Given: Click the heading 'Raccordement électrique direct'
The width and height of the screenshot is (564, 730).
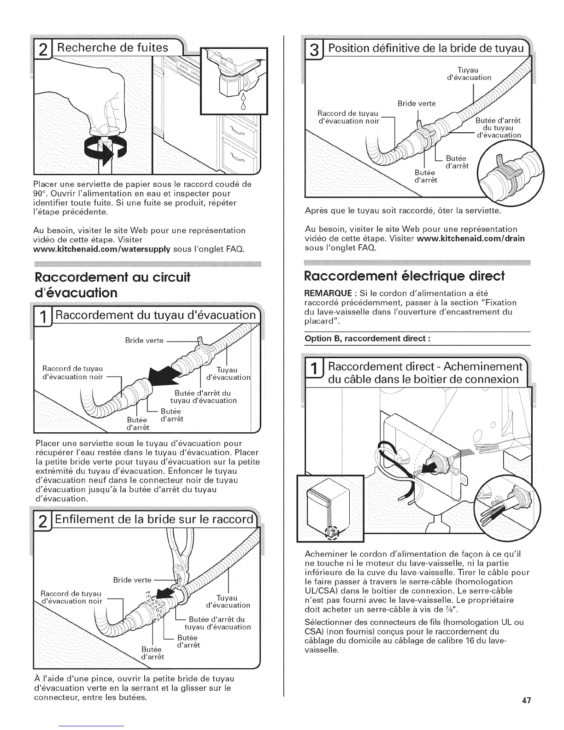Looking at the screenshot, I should [x=404, y=276].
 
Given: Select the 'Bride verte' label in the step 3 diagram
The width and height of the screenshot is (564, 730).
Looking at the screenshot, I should [x=416, y=104].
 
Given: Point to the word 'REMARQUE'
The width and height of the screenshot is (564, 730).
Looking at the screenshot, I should [x=325, y=294].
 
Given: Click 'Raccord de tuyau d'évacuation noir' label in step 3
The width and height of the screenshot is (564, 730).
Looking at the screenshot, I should [x=348, y=118].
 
